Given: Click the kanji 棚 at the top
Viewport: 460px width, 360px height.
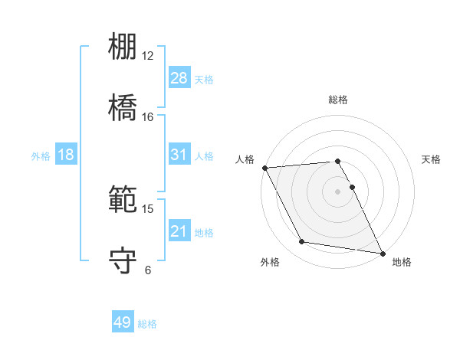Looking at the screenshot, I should point(123,46).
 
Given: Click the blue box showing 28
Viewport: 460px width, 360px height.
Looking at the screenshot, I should point(179,77).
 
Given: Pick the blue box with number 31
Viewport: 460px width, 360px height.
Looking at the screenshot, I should point(179,155).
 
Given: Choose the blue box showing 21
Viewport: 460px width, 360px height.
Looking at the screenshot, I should point(179,231).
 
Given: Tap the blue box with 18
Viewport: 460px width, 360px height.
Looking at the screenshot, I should point(66,155).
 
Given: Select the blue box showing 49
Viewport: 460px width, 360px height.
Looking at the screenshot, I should point(123,322).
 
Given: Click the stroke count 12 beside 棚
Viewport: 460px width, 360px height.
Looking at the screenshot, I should point(148,56).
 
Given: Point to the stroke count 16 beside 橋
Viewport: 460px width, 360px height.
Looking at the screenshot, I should point(148,117).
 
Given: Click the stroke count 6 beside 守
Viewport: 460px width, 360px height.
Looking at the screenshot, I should point(148,270).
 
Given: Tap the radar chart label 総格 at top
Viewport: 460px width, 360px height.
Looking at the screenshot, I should point(338,100).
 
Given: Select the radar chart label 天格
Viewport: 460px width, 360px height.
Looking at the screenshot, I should point(432,159).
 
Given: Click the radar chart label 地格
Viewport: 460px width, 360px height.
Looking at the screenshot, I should point(402,262).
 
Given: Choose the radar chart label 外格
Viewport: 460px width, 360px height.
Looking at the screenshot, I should point(270,262).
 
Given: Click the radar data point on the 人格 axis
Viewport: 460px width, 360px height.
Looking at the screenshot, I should point(264,168).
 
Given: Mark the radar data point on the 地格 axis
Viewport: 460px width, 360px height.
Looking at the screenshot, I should point(382,252).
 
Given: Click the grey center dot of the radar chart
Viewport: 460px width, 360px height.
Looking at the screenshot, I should point(338,191).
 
